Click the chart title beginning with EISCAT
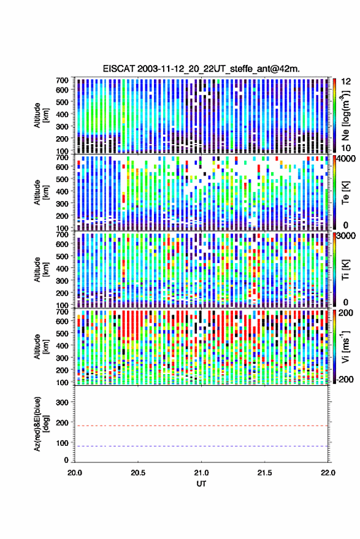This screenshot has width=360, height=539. point(201,69)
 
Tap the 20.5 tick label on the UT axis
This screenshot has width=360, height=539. point(138,473)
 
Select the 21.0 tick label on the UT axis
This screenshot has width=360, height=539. point(201,473)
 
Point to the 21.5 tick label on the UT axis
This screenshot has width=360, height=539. point(264,473)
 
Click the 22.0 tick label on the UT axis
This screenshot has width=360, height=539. point(327,473)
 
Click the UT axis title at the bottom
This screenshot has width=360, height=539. point(201,484)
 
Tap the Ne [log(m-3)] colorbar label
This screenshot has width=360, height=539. point(345,115)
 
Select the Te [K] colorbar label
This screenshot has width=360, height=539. point(345,193)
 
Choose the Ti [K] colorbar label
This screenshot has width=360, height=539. point(345,270)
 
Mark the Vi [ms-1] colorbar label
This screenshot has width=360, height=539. point(345,346)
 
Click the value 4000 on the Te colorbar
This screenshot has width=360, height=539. point(347,159)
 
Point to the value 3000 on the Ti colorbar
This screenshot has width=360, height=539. point(347,236)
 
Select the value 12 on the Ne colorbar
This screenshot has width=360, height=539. point(346,82)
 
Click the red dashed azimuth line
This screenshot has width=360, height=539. point(201,426)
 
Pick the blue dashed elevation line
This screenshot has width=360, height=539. point(201,446)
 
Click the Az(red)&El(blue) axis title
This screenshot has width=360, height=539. point(41,424)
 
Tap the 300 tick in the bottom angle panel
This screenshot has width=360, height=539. point(62,402)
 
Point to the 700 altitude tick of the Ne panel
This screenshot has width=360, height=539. point(62,80)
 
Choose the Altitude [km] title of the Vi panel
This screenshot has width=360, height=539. point(41,346)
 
